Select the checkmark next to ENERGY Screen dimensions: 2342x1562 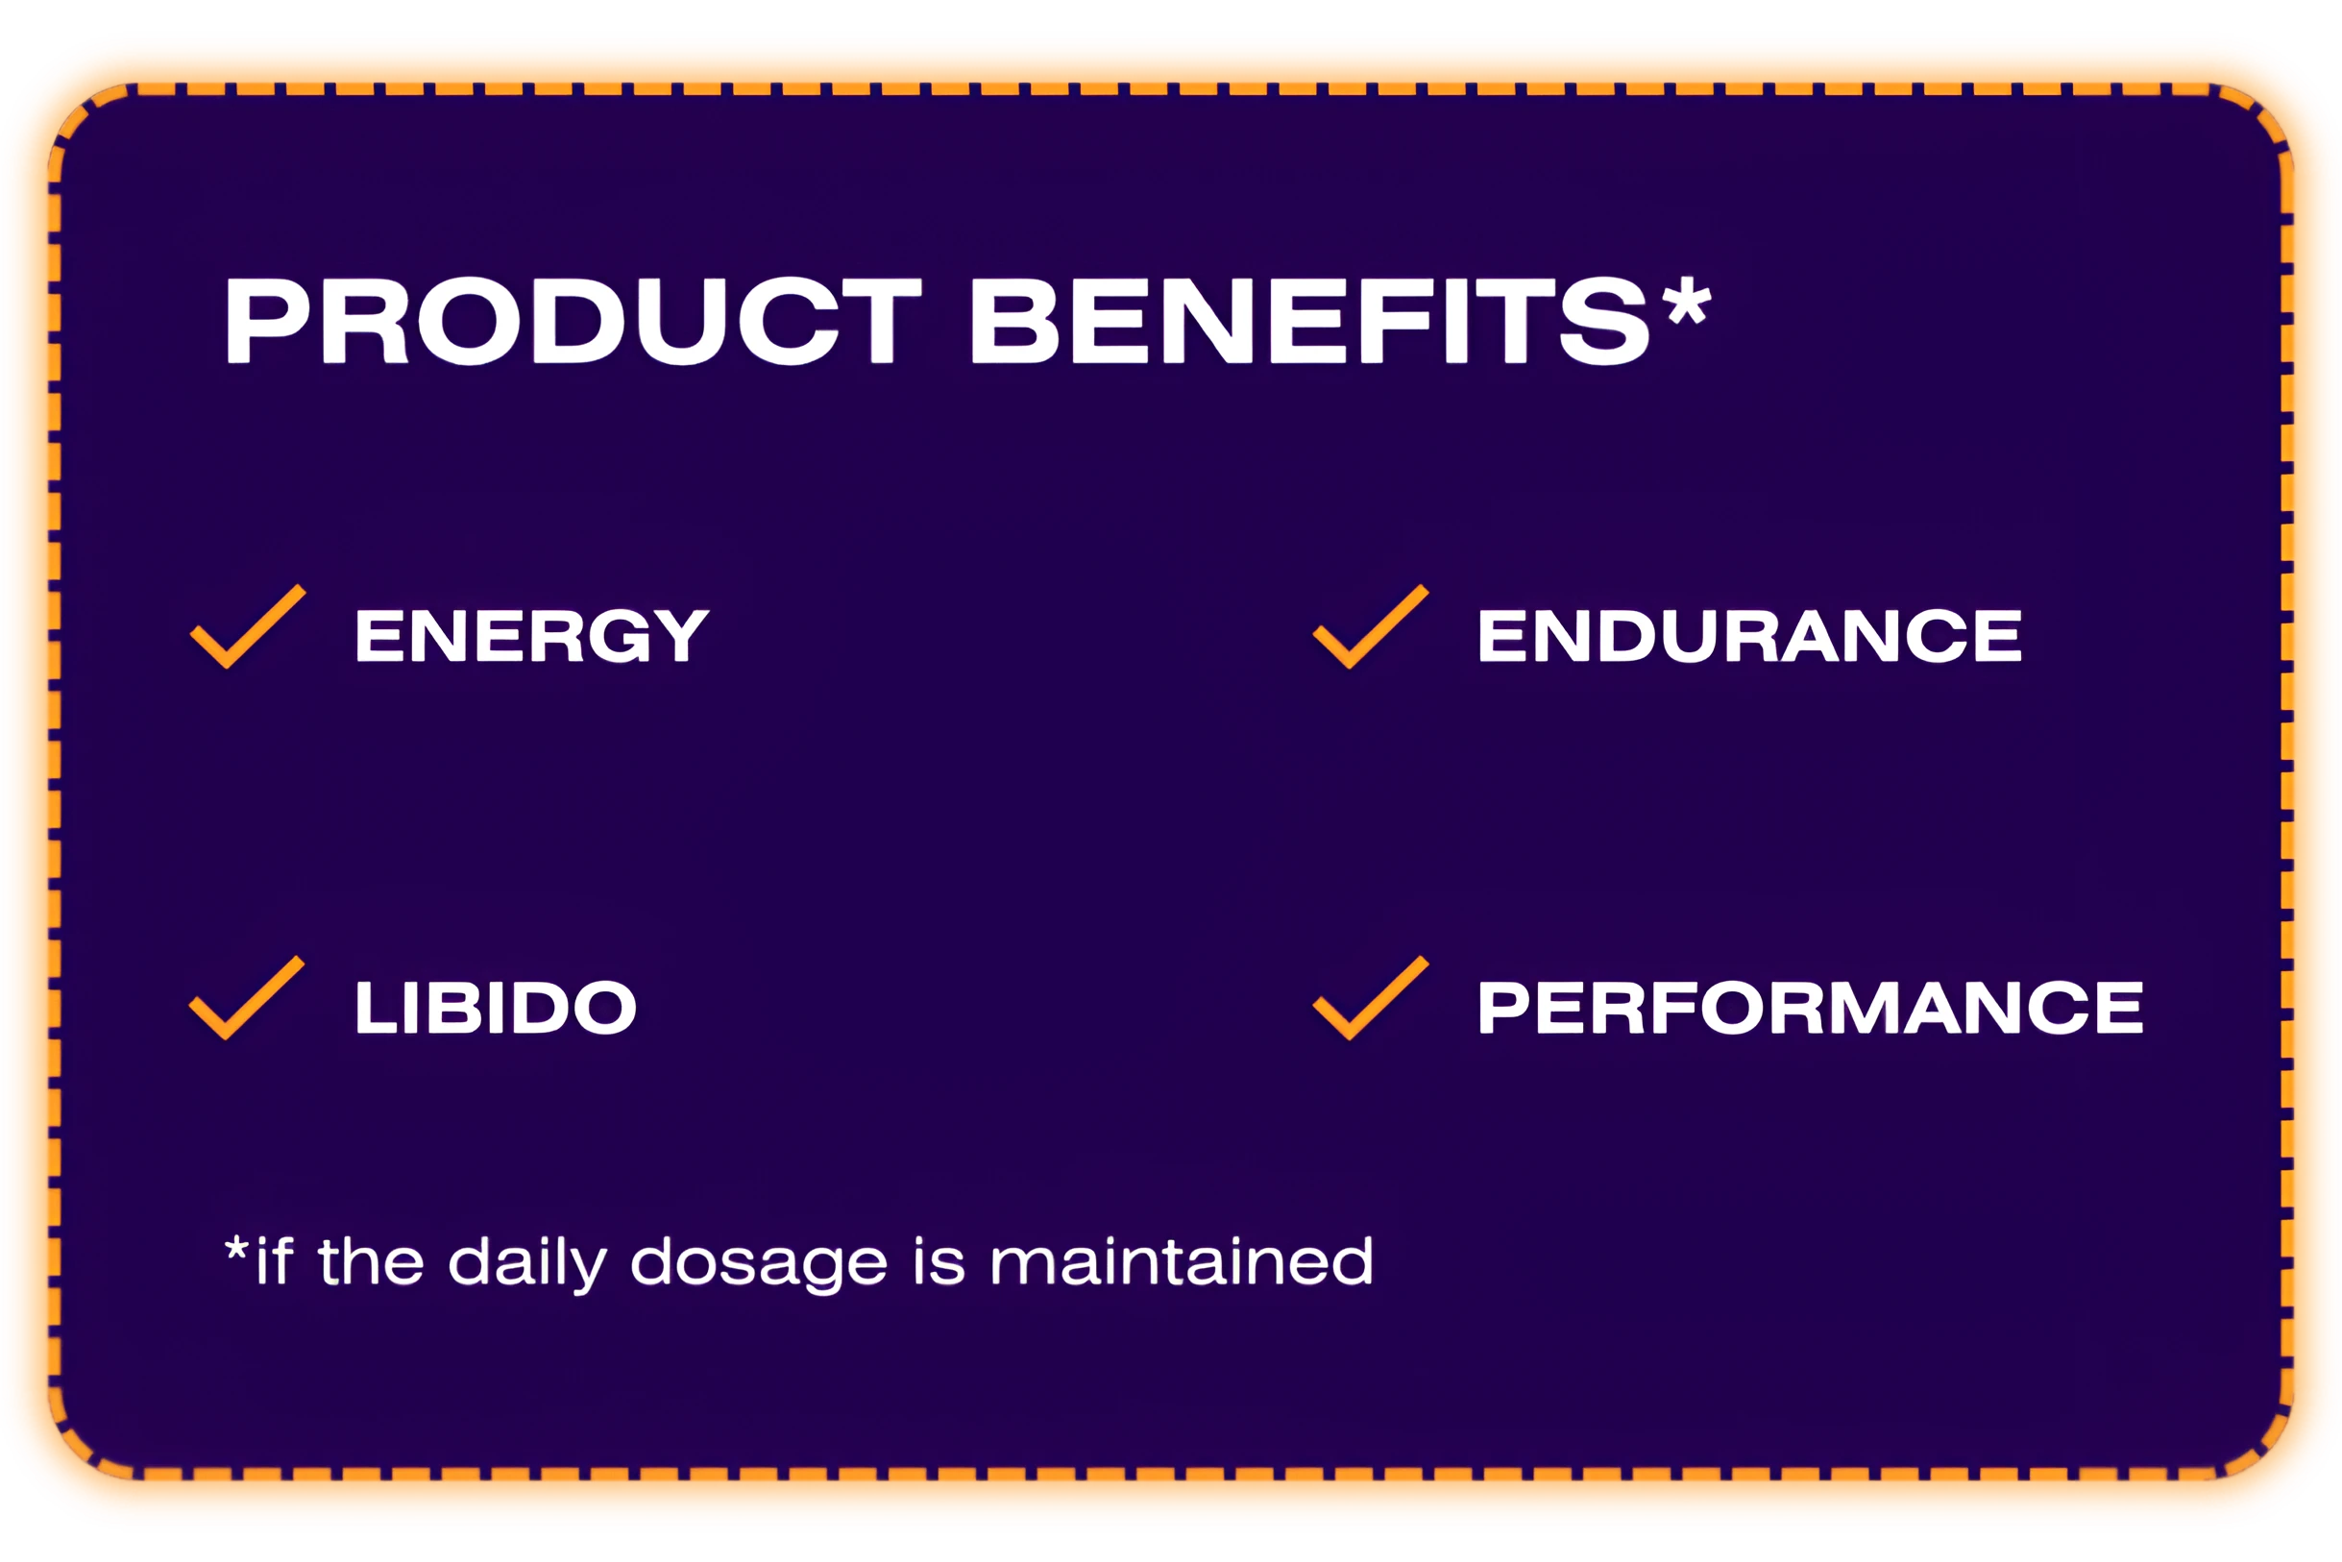point(248,625)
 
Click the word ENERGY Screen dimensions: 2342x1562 point(532,636)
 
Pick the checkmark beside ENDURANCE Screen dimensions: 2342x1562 point(1371,625)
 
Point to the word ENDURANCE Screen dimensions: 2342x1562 point(1750,636)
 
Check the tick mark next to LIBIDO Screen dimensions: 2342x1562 point(247,997)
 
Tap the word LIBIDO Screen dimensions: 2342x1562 point(495,1007)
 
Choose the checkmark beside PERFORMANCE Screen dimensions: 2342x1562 point(1371,997)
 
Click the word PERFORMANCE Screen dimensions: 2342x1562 point(1810,1007)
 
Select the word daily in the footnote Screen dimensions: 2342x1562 point(528,1263)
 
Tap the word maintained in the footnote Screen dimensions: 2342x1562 point(1183,1261)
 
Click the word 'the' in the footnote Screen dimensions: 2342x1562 point(371,1261)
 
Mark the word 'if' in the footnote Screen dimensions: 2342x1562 point(274,1261)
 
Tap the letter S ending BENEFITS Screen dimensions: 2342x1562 point(1604,321)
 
